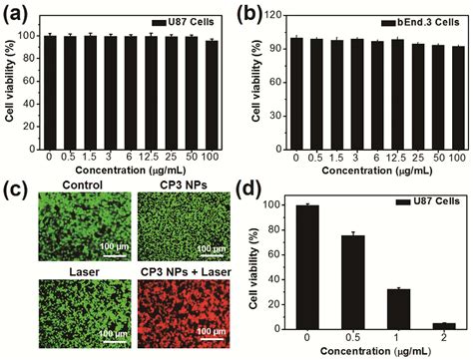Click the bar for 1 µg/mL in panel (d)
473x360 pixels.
point(391,306)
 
